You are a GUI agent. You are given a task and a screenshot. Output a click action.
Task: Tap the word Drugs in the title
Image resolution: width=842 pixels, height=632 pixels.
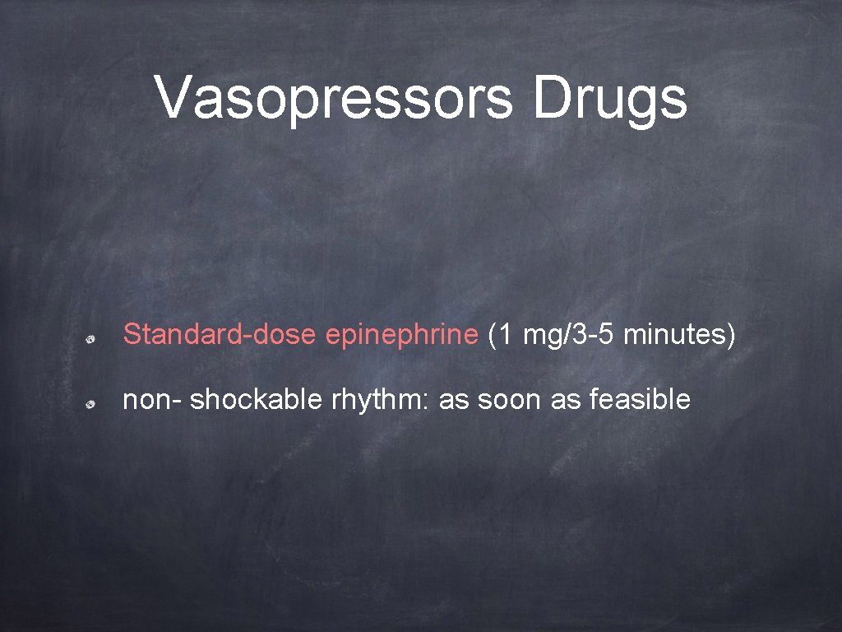tap(609, 99)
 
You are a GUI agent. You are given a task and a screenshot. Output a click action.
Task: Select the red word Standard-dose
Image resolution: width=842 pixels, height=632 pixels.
tap(220, 335)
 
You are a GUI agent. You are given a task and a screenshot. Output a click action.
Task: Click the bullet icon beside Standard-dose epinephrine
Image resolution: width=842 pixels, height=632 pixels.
tap(95, 338)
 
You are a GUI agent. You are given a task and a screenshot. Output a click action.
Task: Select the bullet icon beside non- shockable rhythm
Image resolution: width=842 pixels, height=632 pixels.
tap(95, 404)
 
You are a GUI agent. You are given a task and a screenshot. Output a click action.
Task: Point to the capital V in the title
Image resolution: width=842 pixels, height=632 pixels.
tap(173, 99)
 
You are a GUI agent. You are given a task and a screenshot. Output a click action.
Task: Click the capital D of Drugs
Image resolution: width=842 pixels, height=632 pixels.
tap(551, 99)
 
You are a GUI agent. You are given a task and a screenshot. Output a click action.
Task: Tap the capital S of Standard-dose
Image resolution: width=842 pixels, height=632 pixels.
tap(131, 335)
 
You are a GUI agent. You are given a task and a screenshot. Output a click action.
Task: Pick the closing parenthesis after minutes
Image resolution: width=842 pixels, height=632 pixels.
tap(730, 336)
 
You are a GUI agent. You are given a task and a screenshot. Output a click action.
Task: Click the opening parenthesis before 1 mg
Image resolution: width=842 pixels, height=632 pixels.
tap(492, 336)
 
